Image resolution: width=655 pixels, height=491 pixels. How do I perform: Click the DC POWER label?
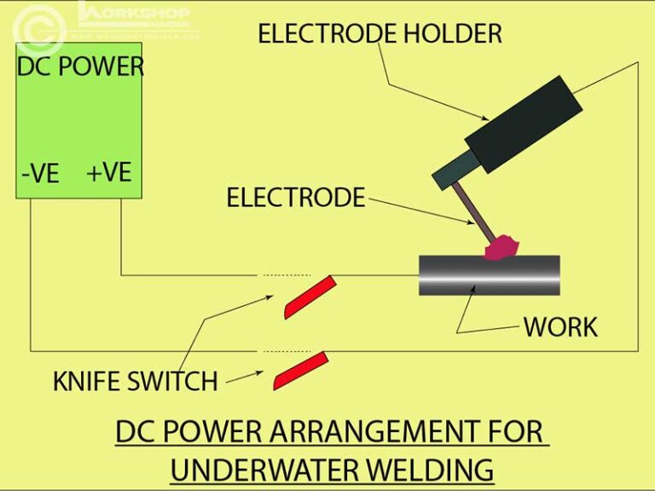click(x=80, y=66)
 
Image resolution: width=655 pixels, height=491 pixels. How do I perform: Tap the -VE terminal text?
click(x=40, y=174)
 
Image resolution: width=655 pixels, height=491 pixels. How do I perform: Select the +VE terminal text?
click(x=108, y=172)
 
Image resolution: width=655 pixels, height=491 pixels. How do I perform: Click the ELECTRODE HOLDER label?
click(x=380, y=34)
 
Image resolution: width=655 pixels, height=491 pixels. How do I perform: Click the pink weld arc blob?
click(x=503, y=247)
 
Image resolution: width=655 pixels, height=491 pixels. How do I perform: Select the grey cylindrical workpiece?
click(x=490, y=275)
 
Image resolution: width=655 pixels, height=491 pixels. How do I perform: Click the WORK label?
click(x=560, y=326)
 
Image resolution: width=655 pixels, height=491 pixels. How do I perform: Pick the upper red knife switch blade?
click(x=306, y=297)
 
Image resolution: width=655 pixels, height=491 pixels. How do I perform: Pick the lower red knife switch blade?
click(x=299, y=371)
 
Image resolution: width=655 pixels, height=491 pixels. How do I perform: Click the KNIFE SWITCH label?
click(x=135, y=380)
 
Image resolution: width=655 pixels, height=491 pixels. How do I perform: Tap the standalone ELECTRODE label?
click(x=295, y=198)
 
